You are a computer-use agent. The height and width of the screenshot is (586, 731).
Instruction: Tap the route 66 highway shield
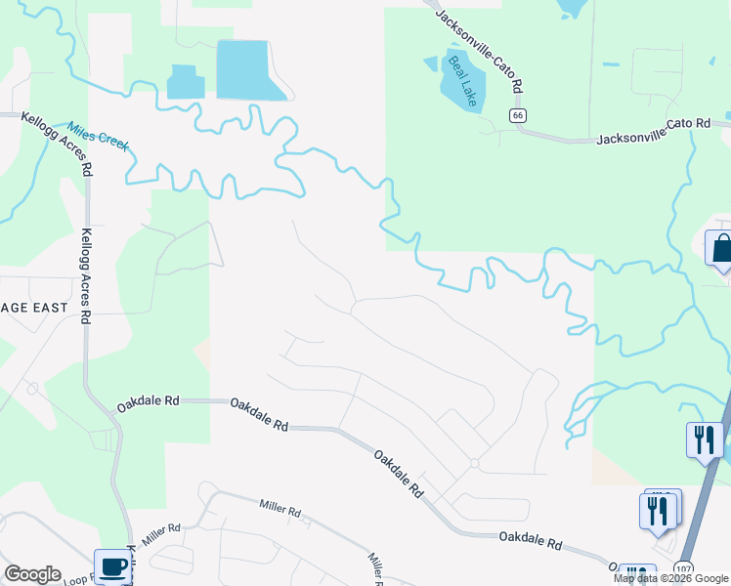pyautogui.click(x=518, y=115)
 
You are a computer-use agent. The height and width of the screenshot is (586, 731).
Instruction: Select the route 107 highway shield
pyautogui.click(x=683, y=569)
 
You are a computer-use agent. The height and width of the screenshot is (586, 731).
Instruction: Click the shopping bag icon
pyautogui.click(x=721, y=248)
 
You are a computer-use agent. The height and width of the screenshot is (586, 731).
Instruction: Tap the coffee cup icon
pyautogui.click(x=112, y=567)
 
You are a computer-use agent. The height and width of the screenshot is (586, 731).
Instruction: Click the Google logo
pyautogui.click(x=32, y=574)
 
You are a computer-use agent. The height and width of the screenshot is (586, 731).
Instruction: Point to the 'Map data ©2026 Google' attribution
pyautogui.click(x=670, y=578)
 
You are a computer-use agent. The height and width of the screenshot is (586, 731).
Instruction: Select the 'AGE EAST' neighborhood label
pyautogui.click(x=34, y=308)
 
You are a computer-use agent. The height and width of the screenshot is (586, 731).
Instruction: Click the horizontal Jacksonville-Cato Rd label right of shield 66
pyautogui.click(x=654, y=132)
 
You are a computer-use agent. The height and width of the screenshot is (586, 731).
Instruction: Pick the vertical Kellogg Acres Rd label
pyautogui.click(x=87, y=276)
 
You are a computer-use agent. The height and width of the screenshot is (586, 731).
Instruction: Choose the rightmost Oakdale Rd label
pyautogui.click(x=531, y=538)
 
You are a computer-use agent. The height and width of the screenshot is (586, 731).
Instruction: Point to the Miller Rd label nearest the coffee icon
pyautogui.click(x=161, y=532)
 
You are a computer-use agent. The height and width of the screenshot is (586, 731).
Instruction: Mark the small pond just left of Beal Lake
pyautogui.click(x=431, y=63)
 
